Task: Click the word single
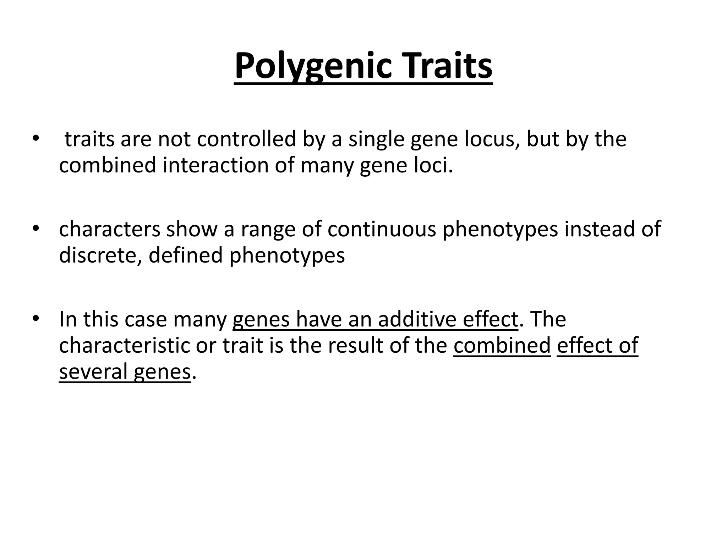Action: (376, 139)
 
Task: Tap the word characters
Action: (110, 229)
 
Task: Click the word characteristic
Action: (124, 346)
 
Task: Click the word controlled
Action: (246, 139)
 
